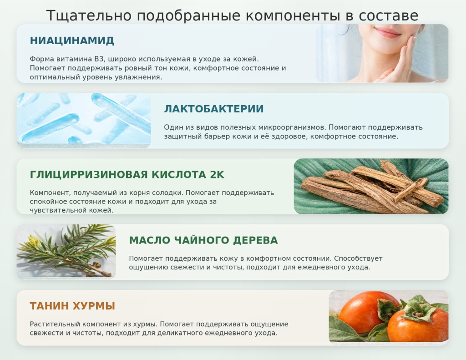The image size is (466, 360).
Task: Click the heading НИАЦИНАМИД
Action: pyautogui.click(x=72, y=41)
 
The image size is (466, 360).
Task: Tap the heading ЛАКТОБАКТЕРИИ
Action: pyautogui.click(x=213, y=109)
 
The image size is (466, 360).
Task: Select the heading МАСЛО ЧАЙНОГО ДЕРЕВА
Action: pyautogui.click(x=203, y=240)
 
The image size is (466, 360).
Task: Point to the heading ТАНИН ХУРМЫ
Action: pyautogui.click(x=72, y=306)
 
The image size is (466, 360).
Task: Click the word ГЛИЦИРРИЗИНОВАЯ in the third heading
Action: pyautogui.click(x=88, y=175)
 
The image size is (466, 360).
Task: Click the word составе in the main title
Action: pyautogui.click(x=388, y=16)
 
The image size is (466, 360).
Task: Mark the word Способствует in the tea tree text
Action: pyautogui.click(x=360, y=259)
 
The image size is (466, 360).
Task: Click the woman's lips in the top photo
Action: pyautogui.click(x=388, y=32)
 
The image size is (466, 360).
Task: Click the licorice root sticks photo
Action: pyautogui.click(x=371, y=187)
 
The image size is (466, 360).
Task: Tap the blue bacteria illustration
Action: pyautogui.click(x=84, y=120)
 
